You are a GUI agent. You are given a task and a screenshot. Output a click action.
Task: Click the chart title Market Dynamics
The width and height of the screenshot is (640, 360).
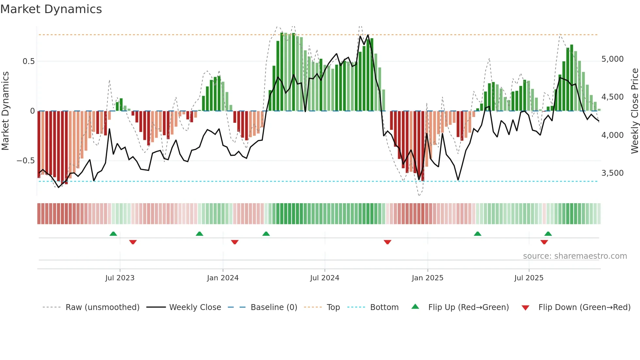tap(51, 9)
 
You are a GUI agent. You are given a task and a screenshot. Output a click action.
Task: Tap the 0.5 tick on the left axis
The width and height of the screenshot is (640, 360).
tap(28, 61)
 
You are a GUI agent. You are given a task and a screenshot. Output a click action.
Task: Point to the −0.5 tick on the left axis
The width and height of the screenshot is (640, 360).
tap(26, 161)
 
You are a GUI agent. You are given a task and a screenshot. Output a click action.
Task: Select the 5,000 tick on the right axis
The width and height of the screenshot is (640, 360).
tap(612, 59)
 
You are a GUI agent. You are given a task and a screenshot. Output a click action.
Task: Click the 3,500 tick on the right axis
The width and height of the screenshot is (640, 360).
tap(612, 173)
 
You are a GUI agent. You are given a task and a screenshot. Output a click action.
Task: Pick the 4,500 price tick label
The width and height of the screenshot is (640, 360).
tap(612, 97)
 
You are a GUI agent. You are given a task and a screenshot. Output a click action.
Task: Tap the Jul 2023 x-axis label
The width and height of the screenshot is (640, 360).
tap(120, 278)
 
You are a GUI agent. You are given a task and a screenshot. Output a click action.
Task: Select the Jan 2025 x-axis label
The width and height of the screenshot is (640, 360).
tap(427, 278)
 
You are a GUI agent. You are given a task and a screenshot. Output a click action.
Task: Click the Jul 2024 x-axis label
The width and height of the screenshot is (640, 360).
tap(325, 278)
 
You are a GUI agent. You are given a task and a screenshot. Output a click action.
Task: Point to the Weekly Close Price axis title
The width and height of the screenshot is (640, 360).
tap(634, 111)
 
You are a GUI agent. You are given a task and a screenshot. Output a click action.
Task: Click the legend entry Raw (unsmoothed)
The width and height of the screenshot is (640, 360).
tap(102, 307)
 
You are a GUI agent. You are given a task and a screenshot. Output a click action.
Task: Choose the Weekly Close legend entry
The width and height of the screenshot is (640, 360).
tap(195, 307)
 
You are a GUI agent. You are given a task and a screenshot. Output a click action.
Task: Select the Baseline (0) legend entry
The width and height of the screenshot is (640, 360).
tap(274, 307)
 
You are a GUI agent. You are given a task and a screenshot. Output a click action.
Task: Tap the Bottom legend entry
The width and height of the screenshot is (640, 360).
tap(384, 307)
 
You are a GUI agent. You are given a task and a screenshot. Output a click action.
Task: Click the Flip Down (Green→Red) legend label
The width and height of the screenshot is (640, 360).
tap(584, 307)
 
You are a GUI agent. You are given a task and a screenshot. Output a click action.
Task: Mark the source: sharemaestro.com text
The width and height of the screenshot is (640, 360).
tap(575, 256)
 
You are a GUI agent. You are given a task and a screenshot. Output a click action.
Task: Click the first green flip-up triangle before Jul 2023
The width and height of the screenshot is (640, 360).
tap(113, 234)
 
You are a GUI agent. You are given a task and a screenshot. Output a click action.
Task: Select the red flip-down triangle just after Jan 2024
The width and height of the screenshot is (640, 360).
tap(235, 242)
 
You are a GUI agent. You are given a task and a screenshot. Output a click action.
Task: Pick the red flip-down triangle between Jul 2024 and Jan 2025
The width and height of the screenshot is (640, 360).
tap(388, 242)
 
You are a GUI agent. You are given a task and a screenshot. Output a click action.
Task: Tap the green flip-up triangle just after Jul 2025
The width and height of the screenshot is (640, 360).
tap(548, 234)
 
